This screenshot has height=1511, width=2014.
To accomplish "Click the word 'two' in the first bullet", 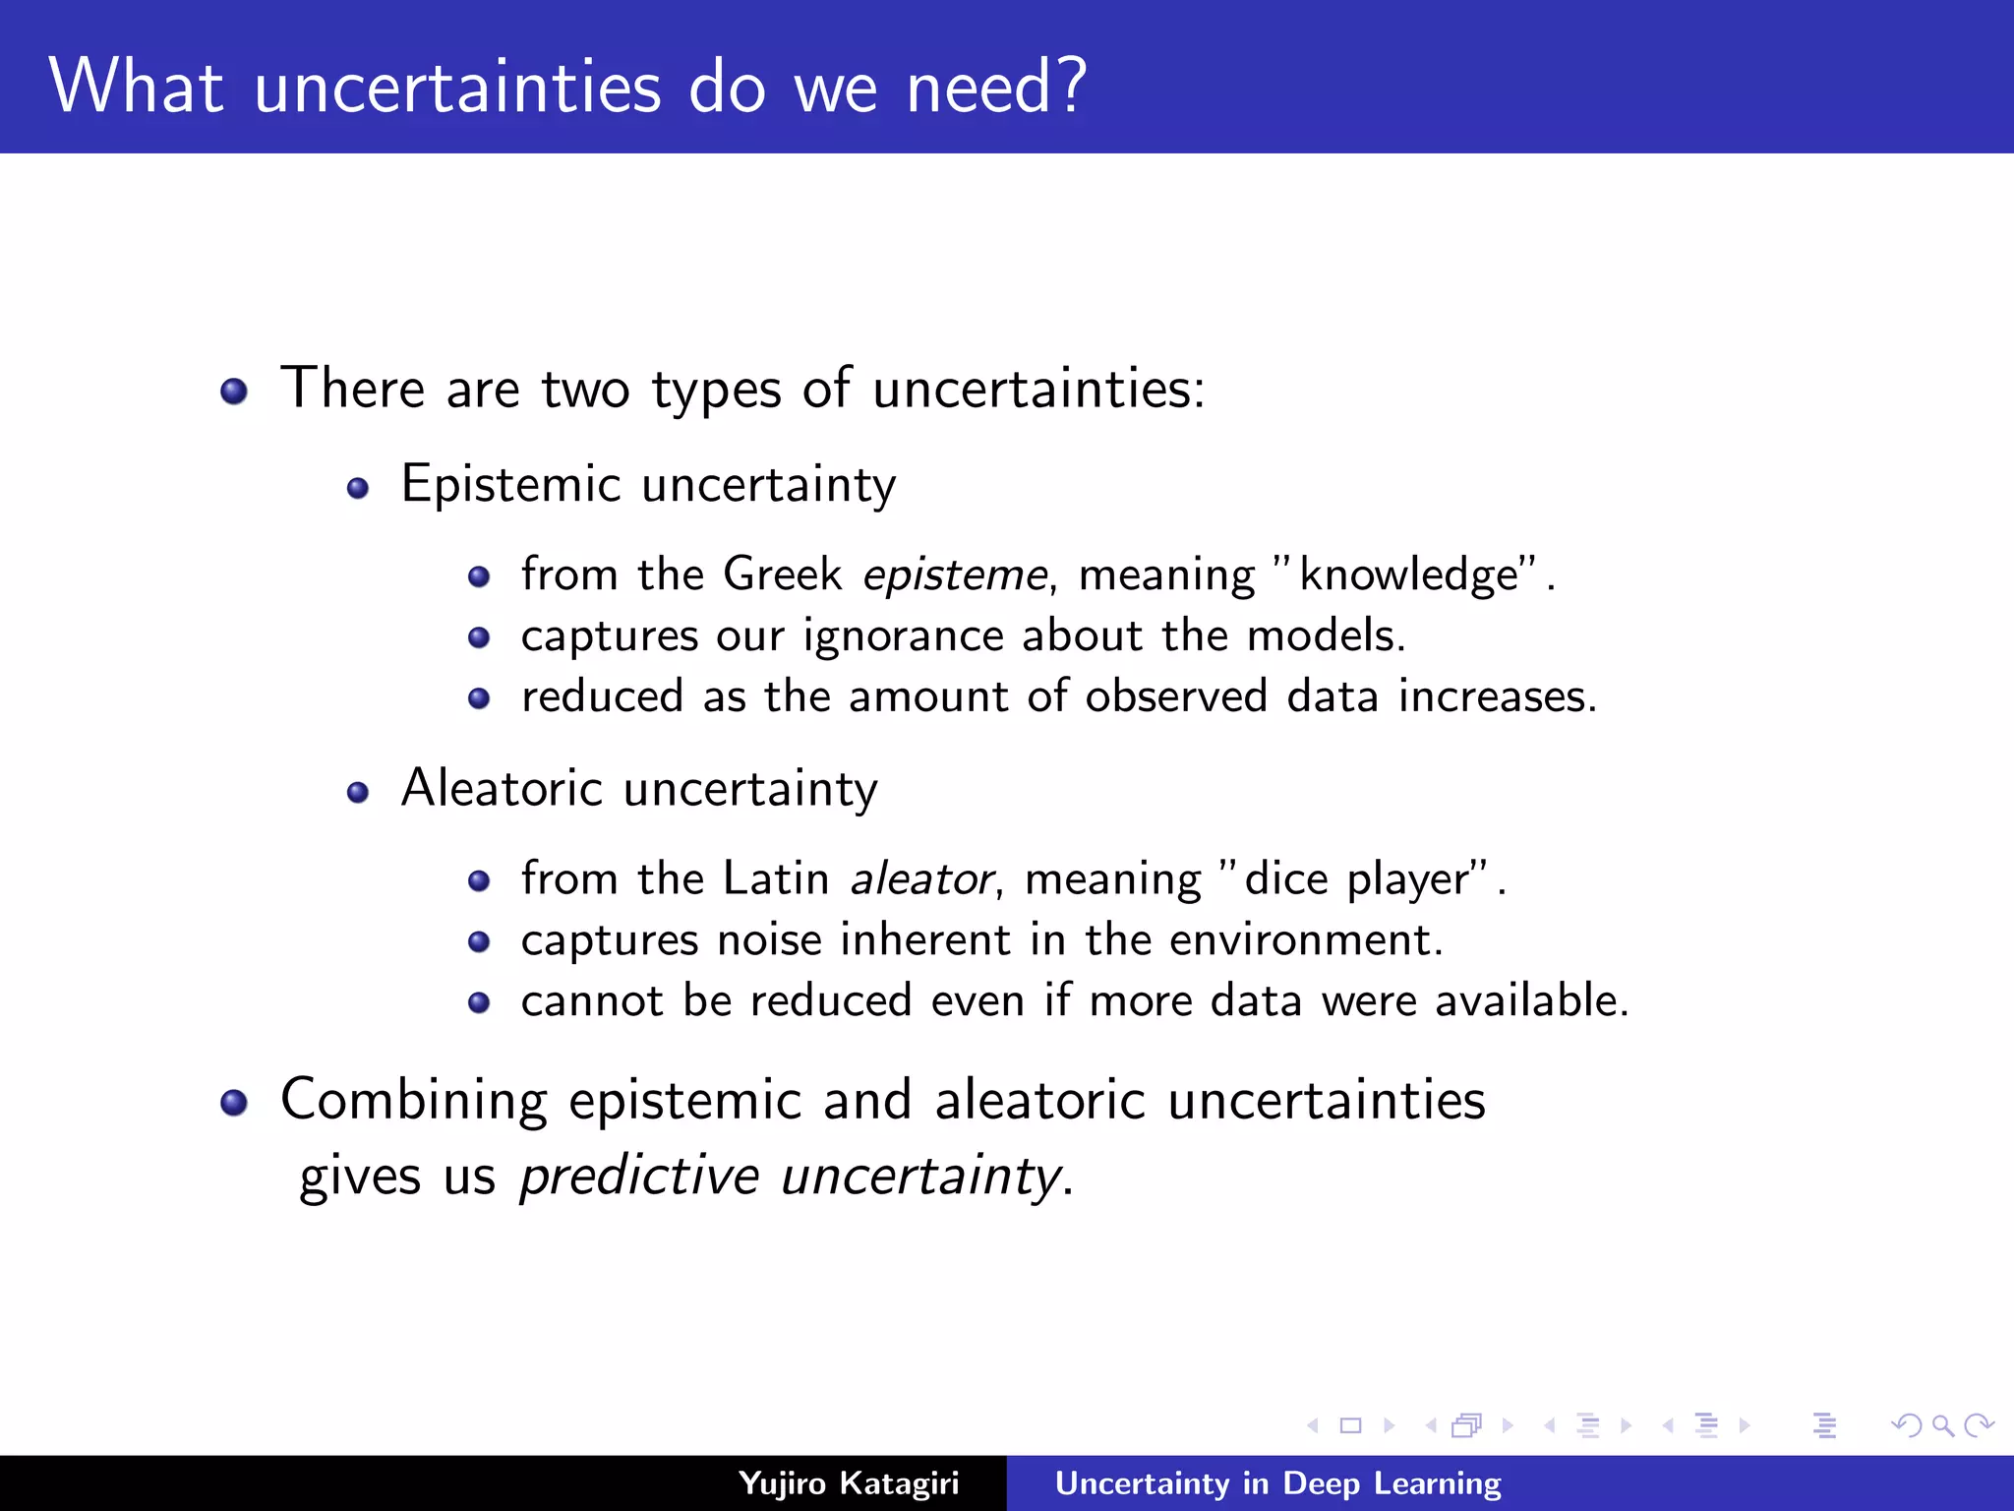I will pyautogui.click(x=585, y=389).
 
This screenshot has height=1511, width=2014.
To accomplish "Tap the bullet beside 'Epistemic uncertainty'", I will pyautogui.click(x=358, y=488).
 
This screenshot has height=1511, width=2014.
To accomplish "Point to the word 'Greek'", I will pyautogui.click(x=782, y=574).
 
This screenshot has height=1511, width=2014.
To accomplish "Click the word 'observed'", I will pyautogui.click(x=1176, y=696).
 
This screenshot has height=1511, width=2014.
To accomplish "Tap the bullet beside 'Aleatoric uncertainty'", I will pyautogui.click(x=358, y=792).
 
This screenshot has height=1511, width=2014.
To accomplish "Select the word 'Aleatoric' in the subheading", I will pyautogui.click(x=502, y=788).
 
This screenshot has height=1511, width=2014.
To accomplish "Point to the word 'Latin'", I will pyautogui.click(x=776, y=877).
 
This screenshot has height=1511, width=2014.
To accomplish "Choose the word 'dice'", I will pyautogui.click(x=1285, y=877).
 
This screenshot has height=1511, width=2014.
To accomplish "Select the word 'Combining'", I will pyautogui.click(x=413, y=1100).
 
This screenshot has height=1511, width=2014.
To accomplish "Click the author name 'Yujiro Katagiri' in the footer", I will pyautogui.click(x=849, y=1482).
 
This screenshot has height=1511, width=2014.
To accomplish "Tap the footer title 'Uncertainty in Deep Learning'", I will pyautogui.click(x=1277, y=1482).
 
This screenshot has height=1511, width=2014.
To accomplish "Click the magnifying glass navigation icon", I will pyautogui.click(x=1942, y=1424).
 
